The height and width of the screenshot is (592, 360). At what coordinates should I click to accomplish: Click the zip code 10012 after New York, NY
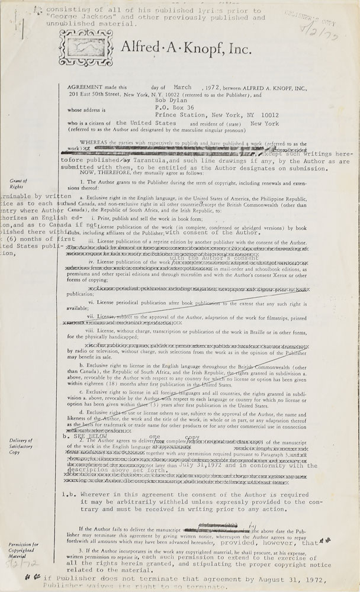(267, 115)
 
